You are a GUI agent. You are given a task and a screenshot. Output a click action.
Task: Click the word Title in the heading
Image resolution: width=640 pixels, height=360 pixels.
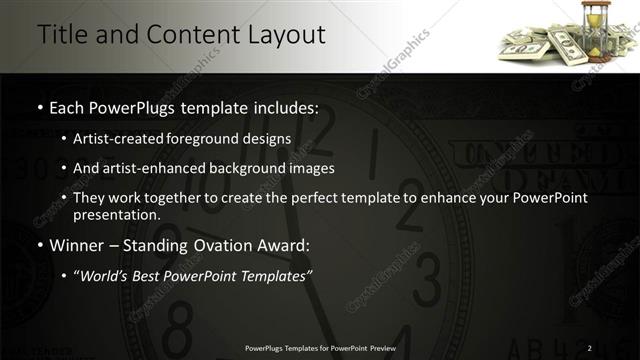62,34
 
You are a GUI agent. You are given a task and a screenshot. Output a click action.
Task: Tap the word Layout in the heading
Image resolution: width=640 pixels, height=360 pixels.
286,34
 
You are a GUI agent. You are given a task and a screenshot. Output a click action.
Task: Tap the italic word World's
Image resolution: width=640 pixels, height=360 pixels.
111,275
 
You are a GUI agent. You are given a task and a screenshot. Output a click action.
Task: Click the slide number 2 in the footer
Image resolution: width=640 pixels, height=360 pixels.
590,348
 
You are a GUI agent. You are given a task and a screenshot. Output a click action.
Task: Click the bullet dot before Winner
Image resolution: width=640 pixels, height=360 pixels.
39,245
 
